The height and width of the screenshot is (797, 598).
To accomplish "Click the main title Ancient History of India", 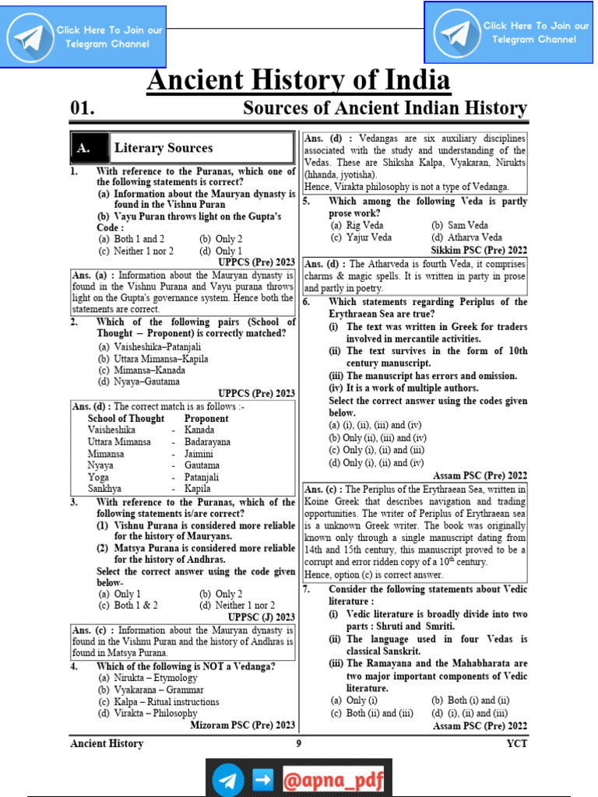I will pyautogui.click(x=298, y=81).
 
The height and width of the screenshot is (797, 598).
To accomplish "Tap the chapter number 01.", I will pyautogui.click(x=82, y=108).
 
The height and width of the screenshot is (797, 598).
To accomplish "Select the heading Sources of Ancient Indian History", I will pyautogui.click(x=385, y=108).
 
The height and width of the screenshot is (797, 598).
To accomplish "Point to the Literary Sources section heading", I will pyautogui.click(x=164, y=148).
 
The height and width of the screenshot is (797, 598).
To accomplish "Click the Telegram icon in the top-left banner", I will pyautogui.click(x=30, y=37).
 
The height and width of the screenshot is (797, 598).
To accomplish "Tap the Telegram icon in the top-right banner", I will pyautogui.click(x=456, y=32).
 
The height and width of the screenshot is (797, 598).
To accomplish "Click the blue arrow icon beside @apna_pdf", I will pyautogui.click(x=262, y=779).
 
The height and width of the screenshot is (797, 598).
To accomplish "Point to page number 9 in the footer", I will pyautogui.click(x=298, y=743).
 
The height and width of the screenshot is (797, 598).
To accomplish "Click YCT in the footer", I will pyautogui.click(x=517, y=743).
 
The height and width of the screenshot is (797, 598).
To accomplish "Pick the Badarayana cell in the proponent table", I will pyautogui.click(x=207, y=441).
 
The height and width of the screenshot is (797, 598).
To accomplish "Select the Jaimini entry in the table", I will pyautogui.click(x=200, y=453).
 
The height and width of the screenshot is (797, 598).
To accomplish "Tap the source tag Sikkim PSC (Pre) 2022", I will pyautogui.click(x=479, y=250).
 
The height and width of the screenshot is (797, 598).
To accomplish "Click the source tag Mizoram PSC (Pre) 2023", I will pyautogui.click(x=243, y=725).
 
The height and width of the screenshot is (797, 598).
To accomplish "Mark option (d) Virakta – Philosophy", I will pyautogui.click(x=147, y=713).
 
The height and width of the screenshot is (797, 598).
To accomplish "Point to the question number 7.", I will pyautogui.click(x=308, y=589).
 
